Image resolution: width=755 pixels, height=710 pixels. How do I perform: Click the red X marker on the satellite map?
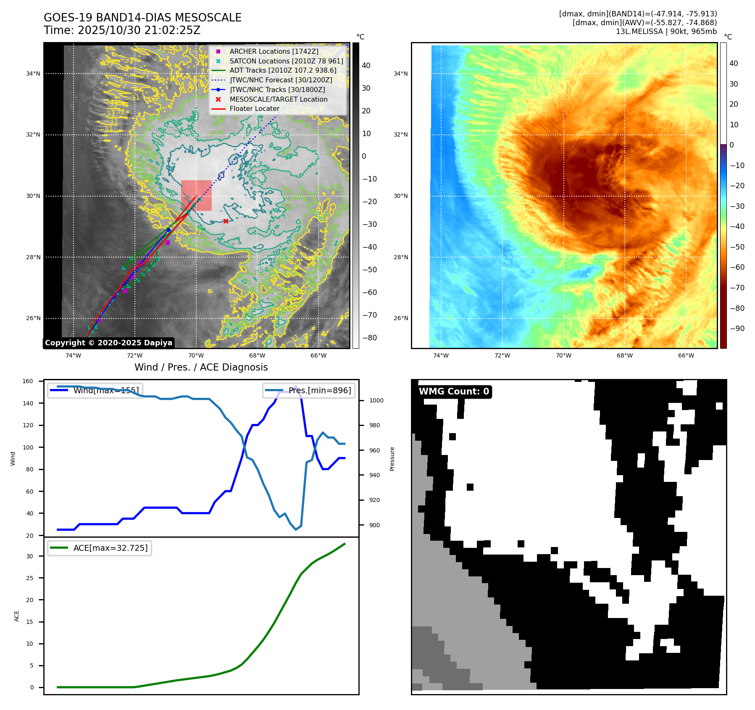226,221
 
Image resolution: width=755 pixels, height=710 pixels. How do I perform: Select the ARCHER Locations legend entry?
274,51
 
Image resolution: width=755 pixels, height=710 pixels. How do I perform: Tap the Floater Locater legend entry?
254,108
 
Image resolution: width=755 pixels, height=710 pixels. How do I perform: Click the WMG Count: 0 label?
454,392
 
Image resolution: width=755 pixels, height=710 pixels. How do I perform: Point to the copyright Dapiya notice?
108,343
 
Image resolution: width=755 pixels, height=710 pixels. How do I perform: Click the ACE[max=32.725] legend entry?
110,548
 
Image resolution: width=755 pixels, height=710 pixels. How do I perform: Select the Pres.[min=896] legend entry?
319,390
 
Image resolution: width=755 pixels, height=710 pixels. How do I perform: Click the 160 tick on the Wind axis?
28,381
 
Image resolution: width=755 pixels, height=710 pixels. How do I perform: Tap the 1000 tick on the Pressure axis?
376,401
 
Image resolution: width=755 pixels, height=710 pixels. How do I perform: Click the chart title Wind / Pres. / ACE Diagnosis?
201,367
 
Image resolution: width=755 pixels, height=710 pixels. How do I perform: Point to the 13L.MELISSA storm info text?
666,32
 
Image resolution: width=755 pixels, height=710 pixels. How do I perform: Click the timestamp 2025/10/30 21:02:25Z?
139,30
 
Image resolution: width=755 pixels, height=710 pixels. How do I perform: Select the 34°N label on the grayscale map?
33,74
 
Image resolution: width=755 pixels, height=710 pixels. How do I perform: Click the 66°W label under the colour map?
686,356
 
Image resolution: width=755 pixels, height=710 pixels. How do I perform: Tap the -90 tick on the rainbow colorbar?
737,329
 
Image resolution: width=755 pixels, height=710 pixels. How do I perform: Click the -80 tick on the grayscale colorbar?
369,338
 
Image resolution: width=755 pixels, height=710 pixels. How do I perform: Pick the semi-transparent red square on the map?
196,195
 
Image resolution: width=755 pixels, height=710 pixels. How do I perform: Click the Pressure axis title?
392,459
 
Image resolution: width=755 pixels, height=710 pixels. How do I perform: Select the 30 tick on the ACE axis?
29,556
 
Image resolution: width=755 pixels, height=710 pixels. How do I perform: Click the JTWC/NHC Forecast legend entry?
281,80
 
